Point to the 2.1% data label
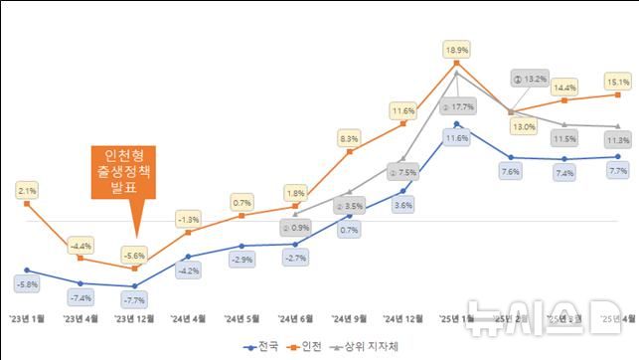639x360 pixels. [x=27, y=189]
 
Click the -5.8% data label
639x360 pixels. [x=27, y=284]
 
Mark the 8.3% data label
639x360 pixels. [x=348, y=139]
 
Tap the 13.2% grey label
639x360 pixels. [x=531, y=78]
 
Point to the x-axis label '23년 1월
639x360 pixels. [x=27, y=319]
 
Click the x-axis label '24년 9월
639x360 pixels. [x=349, y=319]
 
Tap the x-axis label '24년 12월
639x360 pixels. [x=402, y=319]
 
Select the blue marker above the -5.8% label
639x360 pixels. [x=27, y=270]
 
